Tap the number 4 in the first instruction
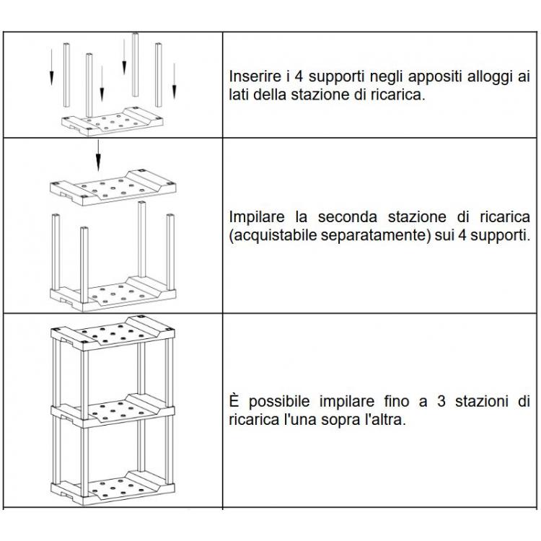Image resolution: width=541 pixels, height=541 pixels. pyautogui.click(x=299, y=76)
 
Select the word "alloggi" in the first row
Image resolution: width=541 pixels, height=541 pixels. pyautogui.click(x=490, y=77)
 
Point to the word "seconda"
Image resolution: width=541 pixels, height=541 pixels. pyautogui.click(x=348, y=217)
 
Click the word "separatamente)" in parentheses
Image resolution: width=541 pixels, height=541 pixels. pyautogui.click(x=375, y=236)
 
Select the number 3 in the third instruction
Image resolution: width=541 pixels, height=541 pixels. pyautogui.click(x=441, y=401)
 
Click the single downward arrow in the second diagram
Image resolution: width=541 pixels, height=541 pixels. pyautogui.click(x=98, y=155)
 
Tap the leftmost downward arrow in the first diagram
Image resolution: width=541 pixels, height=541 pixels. pyautogui.click(x=51, y=67)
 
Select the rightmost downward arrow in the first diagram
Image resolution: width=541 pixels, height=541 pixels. pyautogui.click(x=175, y=81)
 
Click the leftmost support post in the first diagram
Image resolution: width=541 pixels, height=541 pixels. pyautogui.click(x=66, y=75)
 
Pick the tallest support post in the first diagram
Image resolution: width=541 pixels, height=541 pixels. pyautogui.click(x=136, y=64)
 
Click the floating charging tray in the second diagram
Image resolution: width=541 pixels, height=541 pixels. pyautogui.click(x=113, y=188)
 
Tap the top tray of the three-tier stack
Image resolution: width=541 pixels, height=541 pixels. pyautogui.click(x=113, y=334)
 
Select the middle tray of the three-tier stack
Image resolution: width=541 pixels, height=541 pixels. pyautogui.click(x=113, y=410)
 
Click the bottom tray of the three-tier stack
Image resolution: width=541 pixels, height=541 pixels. pyautogui.click(x=113, y=488)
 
